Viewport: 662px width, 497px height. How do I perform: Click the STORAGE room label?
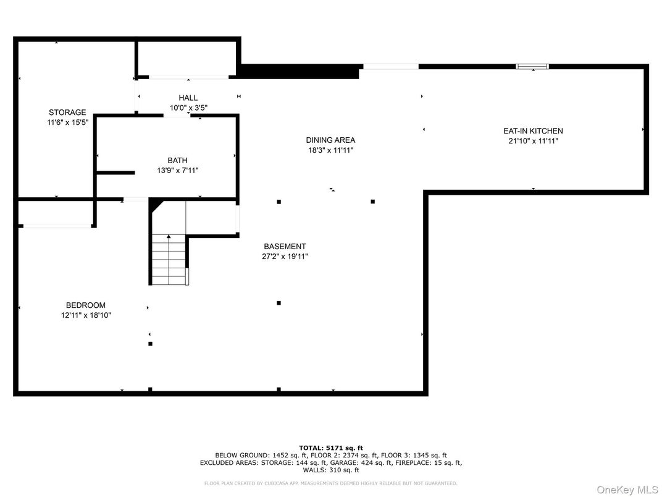click(x=67, y=113)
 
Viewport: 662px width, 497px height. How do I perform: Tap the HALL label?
click(x=188, y=98)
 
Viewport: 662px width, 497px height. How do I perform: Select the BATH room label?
click(x=177, y=161)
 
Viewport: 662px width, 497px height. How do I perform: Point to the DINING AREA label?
click(x=330, y=140)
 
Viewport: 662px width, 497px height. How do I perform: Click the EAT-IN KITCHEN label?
click(x=533, y=131)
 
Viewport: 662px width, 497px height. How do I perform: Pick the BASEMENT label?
click(x=285, y=247)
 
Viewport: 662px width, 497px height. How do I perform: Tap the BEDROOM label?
click(x=86, y=305)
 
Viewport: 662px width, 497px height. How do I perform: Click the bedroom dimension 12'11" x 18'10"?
click(x=86, y=315)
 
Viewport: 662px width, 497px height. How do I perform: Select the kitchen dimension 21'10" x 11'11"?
click(x=533, y=141)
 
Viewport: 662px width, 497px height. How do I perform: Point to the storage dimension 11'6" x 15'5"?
click(x=67, y=122)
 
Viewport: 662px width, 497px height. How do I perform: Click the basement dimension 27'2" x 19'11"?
click(x=285, y=257)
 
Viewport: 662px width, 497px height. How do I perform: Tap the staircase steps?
click(x=169, y=260)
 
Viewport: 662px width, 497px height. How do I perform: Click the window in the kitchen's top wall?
click(x=532, y=66)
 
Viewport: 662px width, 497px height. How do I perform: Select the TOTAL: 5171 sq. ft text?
click(x=331, y=448)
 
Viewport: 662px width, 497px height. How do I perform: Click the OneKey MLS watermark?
click(x=627, y=490)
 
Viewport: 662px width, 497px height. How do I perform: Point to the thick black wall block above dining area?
click(x=300, y=72)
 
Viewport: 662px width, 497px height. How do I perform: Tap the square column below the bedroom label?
click(x=150, y=344)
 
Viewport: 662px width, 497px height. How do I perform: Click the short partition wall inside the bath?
click(x=115, y=173)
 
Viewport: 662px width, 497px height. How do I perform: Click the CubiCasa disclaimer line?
click(x=330, y=483)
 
